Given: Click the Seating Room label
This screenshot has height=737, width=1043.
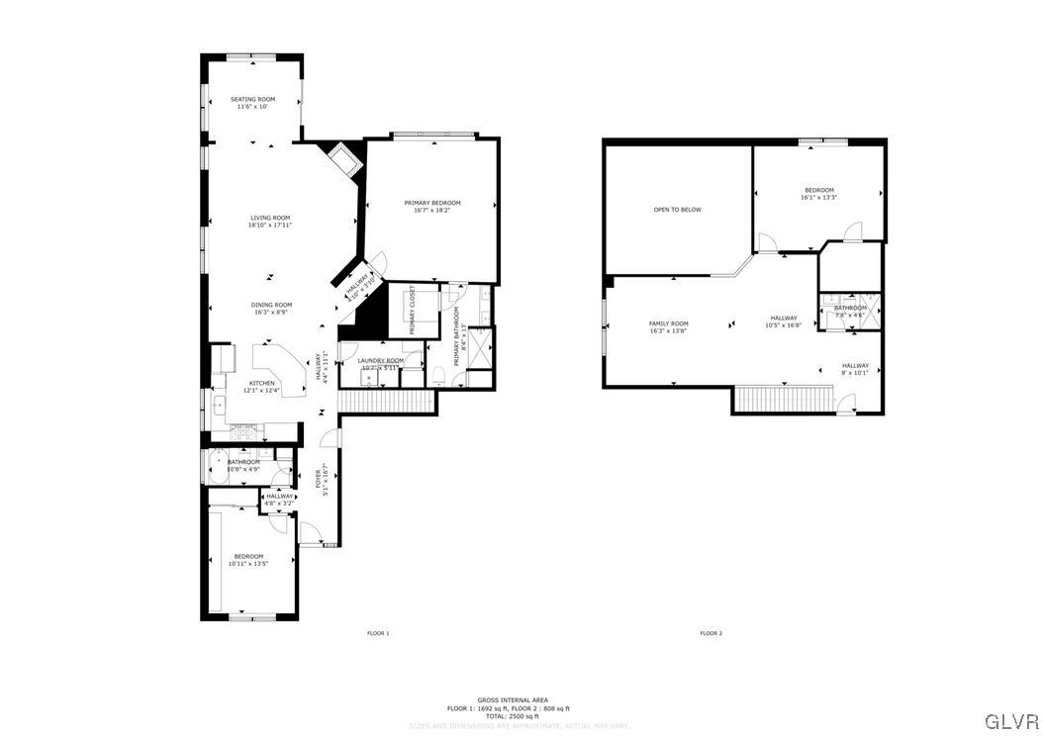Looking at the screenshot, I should pyautogui.click(x=252, y=99).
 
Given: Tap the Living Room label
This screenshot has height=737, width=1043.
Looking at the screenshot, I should pyautogui.click(x=269, y=218).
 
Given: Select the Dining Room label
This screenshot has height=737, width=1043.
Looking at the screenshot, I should pyautogui.click(x=270, y=305).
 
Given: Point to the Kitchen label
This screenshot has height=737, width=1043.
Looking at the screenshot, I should pyautogui.click(x=261, y=383).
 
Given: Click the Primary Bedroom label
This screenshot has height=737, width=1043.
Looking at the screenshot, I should pyautogui.click(x=432, y=203).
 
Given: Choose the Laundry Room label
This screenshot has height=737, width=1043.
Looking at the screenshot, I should pyautogui.click(x=381, y=360).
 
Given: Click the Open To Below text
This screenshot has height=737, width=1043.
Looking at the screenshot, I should pyautogui.click(x=677, y=210).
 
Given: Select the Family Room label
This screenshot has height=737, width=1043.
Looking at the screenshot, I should pyautogui.click(x=668, y=323).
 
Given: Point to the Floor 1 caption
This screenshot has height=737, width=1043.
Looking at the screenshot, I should pyautogui.click(x=378, y=633).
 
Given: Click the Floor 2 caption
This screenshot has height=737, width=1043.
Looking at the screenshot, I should pyautogui.click(x=711, y=633).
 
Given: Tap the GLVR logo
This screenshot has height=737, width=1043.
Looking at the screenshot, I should pyautogui.click(x=1009, y=719).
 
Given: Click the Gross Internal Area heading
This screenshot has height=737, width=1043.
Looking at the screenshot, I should pyautogui.click(x=512, y=699).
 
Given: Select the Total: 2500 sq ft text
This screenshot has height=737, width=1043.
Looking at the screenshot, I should pyautogui.click(x=512, y=715).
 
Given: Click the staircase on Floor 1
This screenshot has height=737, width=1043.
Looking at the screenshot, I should pyautogui.click(x=387, y=402).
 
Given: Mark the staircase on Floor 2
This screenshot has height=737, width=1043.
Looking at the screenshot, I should pyautogui.click(x=783, y=400).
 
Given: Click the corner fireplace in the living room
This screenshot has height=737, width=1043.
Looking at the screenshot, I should pyautogui.click(x=341, y=158).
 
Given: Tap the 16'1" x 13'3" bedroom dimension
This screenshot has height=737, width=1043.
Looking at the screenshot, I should pyautogui.click(x=818, y=197).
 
